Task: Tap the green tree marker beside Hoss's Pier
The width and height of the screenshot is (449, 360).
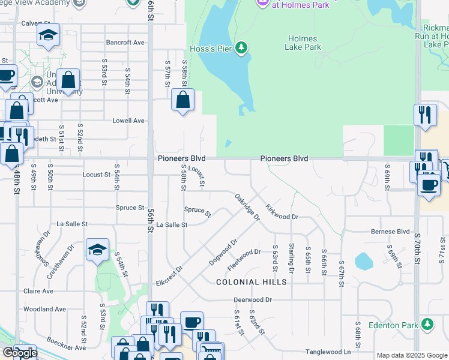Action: point(241,47)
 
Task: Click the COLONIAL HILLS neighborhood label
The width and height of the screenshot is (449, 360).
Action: point(251,281)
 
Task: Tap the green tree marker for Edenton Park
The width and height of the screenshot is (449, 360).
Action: point(427,325)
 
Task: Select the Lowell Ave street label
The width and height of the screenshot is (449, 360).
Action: point(129,121)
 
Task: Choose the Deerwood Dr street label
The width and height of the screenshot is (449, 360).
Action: point(253,299)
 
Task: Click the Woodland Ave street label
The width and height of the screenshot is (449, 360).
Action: point(44,309)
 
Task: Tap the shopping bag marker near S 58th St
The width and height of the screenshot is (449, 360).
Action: point(183,100)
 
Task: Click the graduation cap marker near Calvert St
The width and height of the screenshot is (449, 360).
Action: point(48,35)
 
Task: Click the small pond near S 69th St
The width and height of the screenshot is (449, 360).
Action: point(363,262)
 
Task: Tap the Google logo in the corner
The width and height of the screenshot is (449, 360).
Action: point(19,353)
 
